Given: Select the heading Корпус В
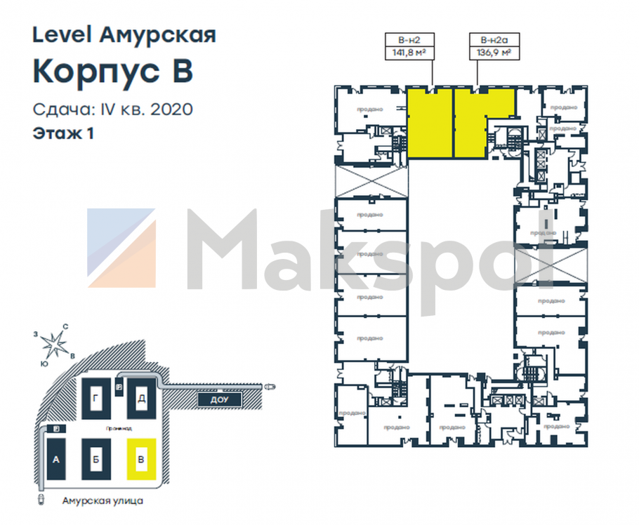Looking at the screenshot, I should [113, 72].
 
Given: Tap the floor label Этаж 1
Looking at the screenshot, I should [63, 133].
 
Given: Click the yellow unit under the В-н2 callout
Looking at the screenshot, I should [430, 124].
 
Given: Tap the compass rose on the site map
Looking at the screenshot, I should [54, 343].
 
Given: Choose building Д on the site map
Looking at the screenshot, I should [141, 399].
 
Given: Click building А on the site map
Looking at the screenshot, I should [55, 460].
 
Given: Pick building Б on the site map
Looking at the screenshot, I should [95, 460].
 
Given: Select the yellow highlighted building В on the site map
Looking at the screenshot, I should [141, 460].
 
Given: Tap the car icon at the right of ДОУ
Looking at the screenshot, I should [270, 386].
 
